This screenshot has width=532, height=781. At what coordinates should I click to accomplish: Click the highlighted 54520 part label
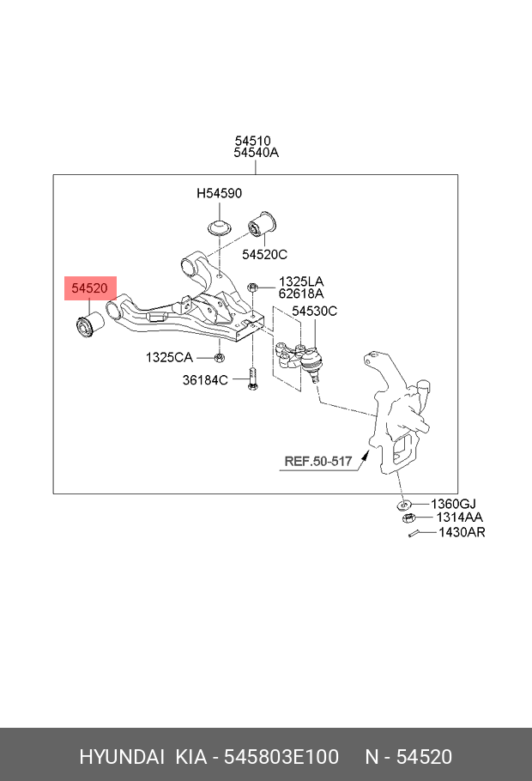click(89, 289)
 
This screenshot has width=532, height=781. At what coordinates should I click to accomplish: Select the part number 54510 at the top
click(253, 141)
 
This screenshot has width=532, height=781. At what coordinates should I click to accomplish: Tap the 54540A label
click(256, 154)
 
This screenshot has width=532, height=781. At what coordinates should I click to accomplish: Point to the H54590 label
click(219, 194)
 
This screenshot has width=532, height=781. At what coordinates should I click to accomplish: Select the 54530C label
click(314, 311)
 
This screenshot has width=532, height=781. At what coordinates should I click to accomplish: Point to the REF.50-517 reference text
click(318, 462)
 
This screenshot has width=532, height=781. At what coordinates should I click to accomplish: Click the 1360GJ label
click(453, 504)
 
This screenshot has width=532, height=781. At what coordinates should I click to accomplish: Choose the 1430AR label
click(462, 533)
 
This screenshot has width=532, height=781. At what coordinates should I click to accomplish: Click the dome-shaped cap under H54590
click(220, 228)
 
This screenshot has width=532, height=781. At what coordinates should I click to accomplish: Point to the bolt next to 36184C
click(252, 379)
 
